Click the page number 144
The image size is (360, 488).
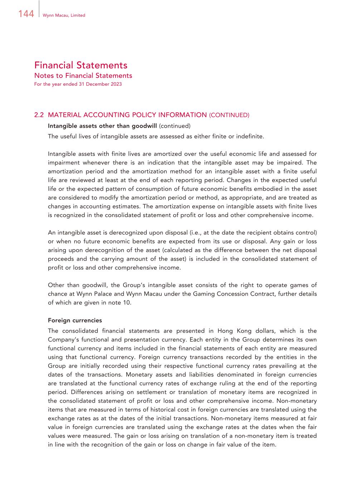[x=26, y=14]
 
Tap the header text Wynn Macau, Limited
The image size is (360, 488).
[x=64, y=15]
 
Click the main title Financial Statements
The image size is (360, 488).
[x=81, y=65]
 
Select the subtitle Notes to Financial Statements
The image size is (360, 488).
[x=83, y=76]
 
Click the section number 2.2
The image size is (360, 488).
[x=39, y=115]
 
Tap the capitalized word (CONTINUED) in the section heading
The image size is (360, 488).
[x=229, y=115]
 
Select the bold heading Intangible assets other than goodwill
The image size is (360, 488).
[x=102, y=126]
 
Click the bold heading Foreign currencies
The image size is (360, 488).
[x=75, y=320]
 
